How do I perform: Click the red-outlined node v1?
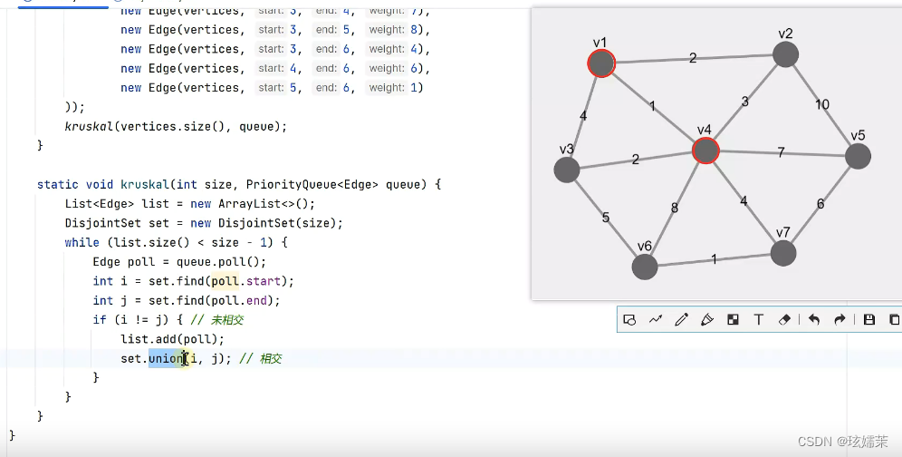pos(601,63)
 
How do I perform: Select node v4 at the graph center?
pos(705,151)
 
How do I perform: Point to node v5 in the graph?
pos(858,156)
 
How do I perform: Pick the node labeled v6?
pos(645,267)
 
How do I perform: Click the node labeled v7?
pos(782,253)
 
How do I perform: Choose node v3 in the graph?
pos(567,170)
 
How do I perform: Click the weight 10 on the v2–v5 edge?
pos(822,104)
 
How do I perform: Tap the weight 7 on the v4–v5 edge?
pos(781,152)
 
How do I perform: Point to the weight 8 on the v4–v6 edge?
pos(674,208)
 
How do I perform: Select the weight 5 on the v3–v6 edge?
pos(606,218)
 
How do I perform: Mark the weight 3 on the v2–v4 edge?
pos(745,102)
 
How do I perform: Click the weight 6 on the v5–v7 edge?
pos(820,204)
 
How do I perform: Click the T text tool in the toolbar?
pos(759,319)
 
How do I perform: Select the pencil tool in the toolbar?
pos(681,319)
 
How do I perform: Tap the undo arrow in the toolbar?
pos(814,319)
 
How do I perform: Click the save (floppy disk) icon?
pos(869,319)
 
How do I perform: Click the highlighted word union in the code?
pos(167,358)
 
